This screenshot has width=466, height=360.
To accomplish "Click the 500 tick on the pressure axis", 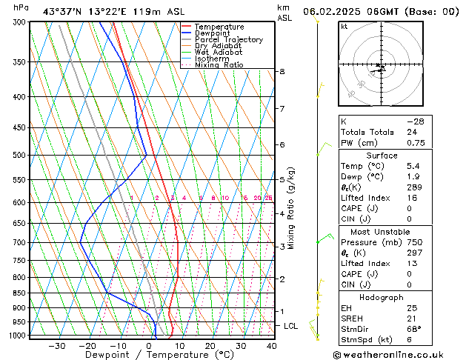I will [16, 155].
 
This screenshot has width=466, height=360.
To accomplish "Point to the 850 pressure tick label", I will [16, 293].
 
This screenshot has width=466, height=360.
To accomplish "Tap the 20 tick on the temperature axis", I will [210, 345].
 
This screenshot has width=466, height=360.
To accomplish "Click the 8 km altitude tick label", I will [282, 71].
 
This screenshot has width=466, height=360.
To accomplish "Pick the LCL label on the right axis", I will [291, 326].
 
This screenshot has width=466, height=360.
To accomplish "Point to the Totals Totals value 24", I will [412, 132].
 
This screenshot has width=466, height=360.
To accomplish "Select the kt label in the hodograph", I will [344, 26].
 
